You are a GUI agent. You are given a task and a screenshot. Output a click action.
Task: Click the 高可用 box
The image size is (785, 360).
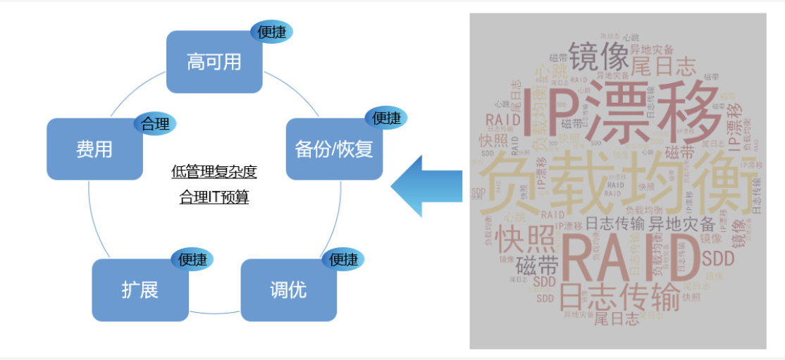214,62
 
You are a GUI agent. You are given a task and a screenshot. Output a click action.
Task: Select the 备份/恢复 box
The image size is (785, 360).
334,149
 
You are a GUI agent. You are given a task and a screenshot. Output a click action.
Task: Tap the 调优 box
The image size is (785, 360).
288,290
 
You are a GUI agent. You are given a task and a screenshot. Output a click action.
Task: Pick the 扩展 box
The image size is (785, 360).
140,290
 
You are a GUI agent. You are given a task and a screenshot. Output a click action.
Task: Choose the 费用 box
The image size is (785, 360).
94,149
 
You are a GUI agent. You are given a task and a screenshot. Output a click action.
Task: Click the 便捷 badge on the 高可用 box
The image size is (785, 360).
271,32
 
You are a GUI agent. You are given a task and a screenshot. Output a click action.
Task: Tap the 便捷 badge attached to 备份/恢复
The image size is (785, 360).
385,118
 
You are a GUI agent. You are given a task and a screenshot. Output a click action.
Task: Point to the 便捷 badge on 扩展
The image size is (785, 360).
192,259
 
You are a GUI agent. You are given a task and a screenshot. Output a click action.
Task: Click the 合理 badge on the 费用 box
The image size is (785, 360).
155,124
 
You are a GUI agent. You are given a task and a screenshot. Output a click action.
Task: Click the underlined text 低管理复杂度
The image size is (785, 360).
214,172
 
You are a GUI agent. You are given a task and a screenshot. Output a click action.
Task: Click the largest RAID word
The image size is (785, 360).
624,257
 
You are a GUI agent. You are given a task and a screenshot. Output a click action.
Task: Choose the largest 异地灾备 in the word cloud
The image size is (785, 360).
681,225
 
